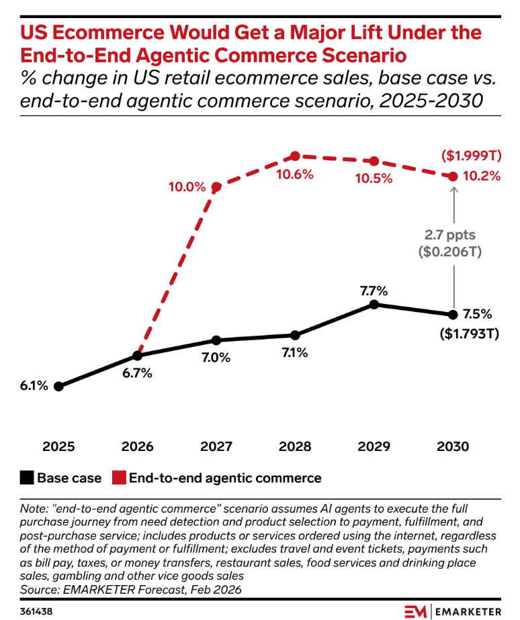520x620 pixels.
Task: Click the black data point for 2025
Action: tap(58, 386)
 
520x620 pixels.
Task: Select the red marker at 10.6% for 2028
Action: tap(295, 156)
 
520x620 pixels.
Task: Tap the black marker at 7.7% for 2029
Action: tap(374, 305)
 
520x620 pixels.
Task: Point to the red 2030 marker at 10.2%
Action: tap(453, 176)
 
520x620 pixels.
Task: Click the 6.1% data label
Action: tap(34, 386)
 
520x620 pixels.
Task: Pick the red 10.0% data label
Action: tap(187, 187)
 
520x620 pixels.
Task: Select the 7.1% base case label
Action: tap(294, 352)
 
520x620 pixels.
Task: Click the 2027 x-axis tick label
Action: tap(216, 446)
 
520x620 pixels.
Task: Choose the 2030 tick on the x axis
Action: tap(452, 446)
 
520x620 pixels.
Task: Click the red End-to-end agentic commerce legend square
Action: tap(118, 478)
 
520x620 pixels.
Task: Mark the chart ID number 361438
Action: tap(36, 611)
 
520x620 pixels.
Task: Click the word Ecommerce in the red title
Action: tap(118, 32)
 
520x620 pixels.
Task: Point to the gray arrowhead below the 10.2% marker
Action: tap(453, 190)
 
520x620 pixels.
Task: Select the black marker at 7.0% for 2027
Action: tap(216, 340)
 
